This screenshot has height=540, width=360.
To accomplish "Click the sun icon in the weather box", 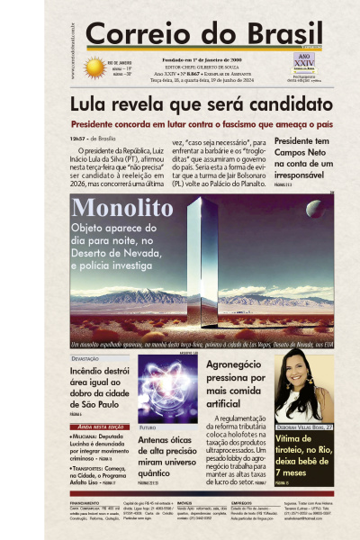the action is pyautogui.click(x=94, y=67).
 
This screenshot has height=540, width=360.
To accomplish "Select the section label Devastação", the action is pyautogui.click(x=85, y=359).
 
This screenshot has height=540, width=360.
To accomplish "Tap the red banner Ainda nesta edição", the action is pyautogui.click(x=101, y=427).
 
